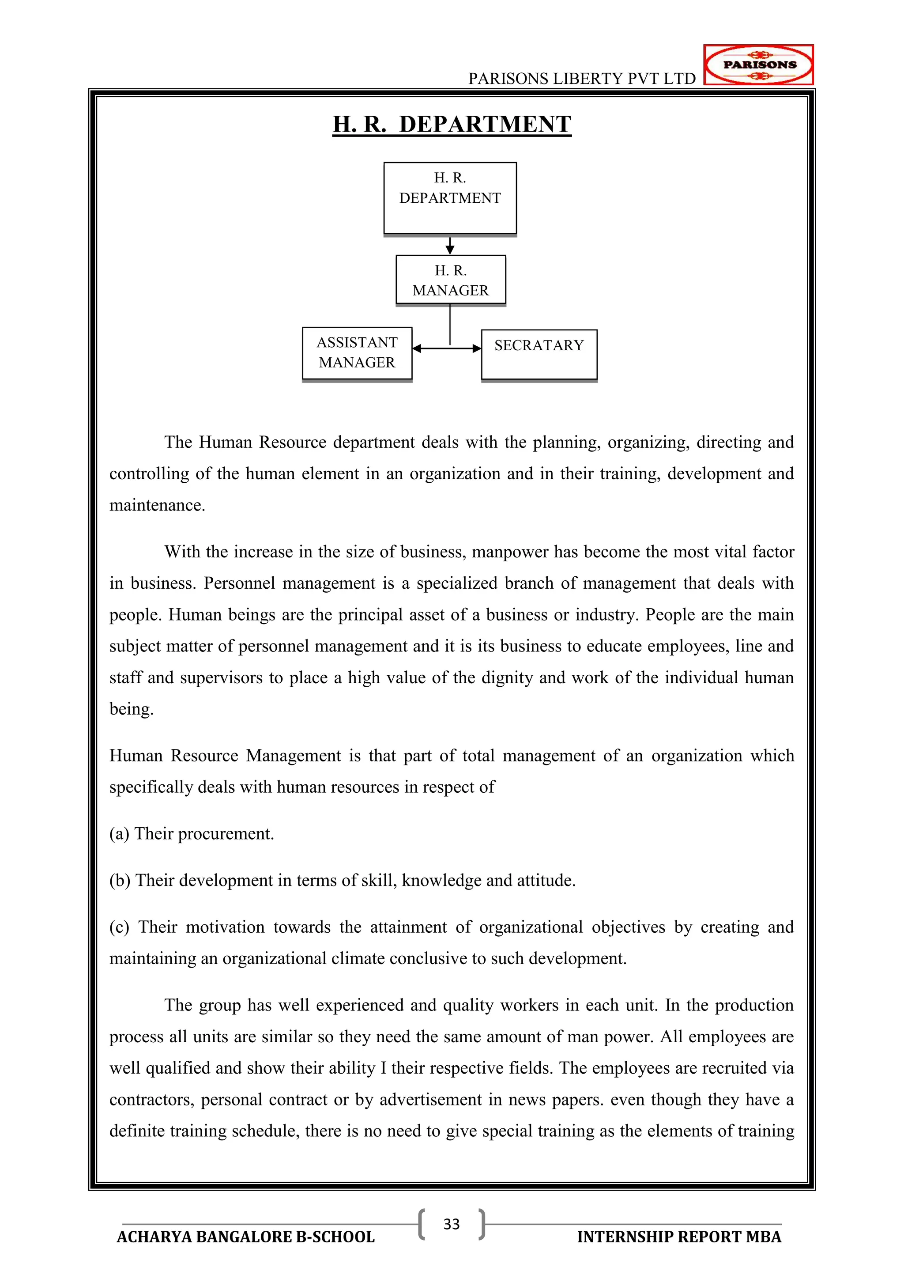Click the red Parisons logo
[758, 64]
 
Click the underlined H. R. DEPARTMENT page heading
[452, 124]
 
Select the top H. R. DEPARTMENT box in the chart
[450, 198]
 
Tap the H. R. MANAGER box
[450, 280]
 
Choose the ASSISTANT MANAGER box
[357, 352]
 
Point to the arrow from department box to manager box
[450, 245]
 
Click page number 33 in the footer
[452, 1224]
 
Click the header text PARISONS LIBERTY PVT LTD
[582, 79]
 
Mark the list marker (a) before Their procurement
[119, 833]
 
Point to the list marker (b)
[120, 880]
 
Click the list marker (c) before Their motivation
[119, 927]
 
